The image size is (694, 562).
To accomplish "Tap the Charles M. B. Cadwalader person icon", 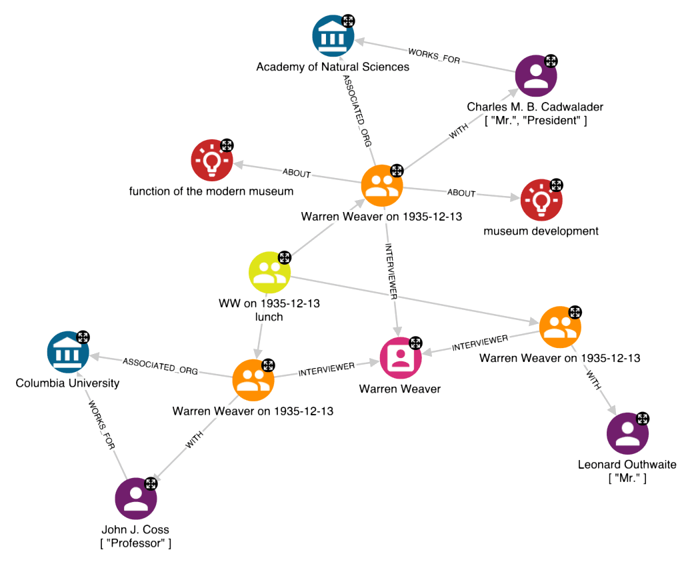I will pyautogui.click(x=536, y=76).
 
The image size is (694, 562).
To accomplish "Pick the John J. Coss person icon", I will pyautogui.click(x=136, y=498).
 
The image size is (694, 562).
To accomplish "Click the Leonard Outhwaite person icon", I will pyautogui.click(x=627, y=434).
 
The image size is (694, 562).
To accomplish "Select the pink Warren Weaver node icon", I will pyautogui.click(x=401, y=358).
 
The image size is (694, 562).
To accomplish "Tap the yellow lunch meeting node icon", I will pyautogui.click(x=269, y=272).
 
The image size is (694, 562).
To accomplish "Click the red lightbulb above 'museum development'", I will pyautogui.click(x=541, y=199).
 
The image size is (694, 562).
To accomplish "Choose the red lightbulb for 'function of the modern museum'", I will pyautogui.click(x=212, y=160).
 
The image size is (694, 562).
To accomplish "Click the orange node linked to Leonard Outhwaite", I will pyautogui.click(x=560, y=327).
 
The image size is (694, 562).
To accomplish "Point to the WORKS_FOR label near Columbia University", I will pyautogui.click(x=101, y=426).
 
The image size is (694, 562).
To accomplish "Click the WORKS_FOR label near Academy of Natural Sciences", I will pyautogui.click(x=434, y=55).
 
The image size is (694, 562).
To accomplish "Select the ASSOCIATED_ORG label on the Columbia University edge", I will pyautogui.click(x=160, y=366).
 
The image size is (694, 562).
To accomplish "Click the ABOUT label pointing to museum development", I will pyautogui.click(x=461, y=193).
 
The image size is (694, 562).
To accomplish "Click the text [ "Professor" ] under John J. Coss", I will pyautogui.click(x=136, y=543).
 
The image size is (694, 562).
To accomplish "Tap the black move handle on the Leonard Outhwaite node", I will pyautogui.click(x=643, y=419).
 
